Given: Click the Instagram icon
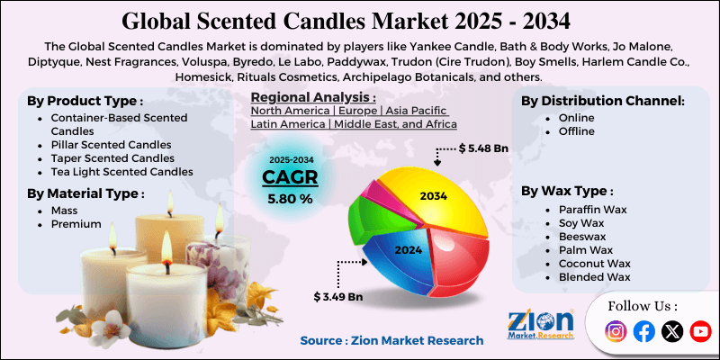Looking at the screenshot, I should point(616,332).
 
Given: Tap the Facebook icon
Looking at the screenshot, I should point(643,332).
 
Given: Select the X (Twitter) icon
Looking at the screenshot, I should point(672,332).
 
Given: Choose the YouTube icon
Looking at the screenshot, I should point(700,332).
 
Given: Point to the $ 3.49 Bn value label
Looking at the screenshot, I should point(338,296).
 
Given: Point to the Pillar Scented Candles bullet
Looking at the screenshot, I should point(111,144).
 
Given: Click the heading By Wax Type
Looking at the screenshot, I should point(567,191).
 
